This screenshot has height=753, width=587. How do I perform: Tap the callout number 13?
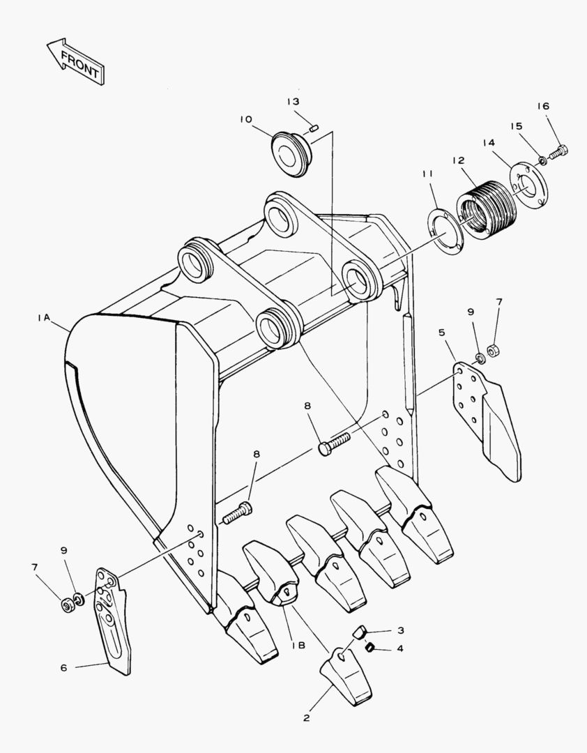tap(293, 102)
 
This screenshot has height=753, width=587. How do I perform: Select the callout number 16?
tap(543, 106)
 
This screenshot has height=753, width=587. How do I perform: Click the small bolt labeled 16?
tap(558, 152)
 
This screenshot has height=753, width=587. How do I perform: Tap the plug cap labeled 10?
tap(291, 153)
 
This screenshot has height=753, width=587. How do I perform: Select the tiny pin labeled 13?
tap(314, 128)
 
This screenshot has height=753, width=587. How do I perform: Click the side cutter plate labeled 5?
tap(486, 420)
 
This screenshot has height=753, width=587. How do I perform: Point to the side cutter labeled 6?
tap(114, 620)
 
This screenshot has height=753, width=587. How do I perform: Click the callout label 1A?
tap(44, 317)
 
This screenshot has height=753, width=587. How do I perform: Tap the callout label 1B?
tap(298, 645)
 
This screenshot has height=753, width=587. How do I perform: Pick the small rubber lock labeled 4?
tap(369, 648)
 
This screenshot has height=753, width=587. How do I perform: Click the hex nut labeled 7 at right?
tap(492, 351)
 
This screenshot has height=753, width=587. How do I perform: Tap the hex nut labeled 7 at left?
tap(66, 605)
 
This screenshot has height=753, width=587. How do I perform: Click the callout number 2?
tap(307, 718)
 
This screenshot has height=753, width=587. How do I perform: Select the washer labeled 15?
tap(542, 160)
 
